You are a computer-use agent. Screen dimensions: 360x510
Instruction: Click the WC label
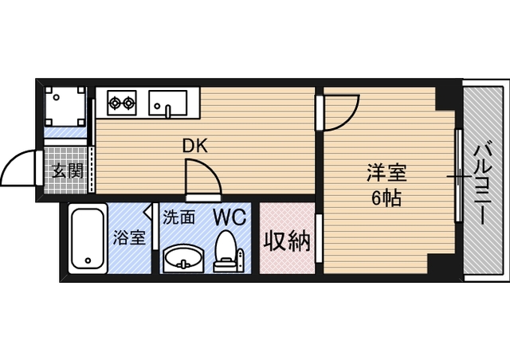(229, 215)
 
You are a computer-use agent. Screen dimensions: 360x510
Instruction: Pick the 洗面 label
(179, 216)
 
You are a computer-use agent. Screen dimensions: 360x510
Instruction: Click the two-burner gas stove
(123, 102)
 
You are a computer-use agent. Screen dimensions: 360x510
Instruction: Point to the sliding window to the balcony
(458, 175)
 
